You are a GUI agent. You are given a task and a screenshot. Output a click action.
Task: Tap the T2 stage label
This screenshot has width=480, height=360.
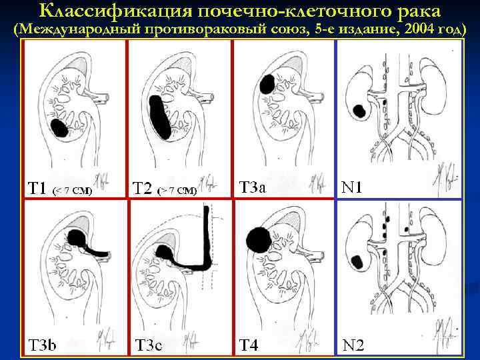pyautogui.click(x=142, y=188)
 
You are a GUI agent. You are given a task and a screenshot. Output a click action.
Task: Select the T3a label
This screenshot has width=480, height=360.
pyautogui.click(x=253, y=187)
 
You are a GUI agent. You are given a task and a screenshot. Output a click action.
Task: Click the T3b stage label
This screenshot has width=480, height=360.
pyautogui.click(x=41, y=345)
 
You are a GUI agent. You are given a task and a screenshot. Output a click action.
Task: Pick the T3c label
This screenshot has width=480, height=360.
pyautogui.click(x=148, y=345)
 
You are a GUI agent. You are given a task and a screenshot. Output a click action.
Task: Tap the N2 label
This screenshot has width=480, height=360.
pyautogui.click(x=353, y=345)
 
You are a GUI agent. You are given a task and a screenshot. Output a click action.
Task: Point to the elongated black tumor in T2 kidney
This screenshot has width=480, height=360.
pyautogui.click(x=158, y=117)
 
